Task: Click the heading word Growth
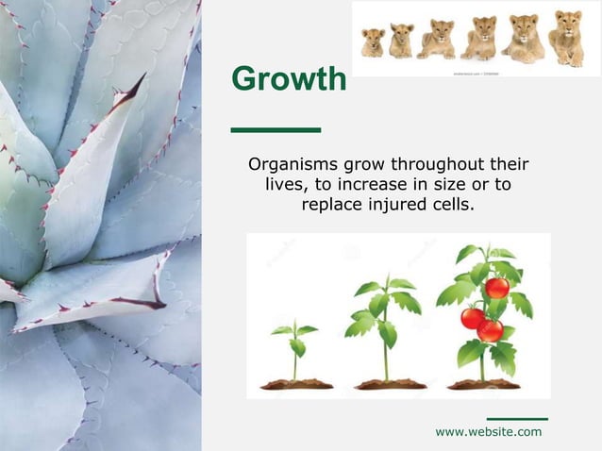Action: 289,80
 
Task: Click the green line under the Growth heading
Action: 276,129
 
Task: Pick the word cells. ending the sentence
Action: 450,203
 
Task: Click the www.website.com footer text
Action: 488,431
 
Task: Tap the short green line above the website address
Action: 516,418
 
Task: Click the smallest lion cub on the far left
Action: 373,42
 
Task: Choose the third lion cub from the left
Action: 437,40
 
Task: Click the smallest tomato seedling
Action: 294,344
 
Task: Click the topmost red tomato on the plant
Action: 497,287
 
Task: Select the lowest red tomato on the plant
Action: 490,329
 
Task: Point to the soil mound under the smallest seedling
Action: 294,384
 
